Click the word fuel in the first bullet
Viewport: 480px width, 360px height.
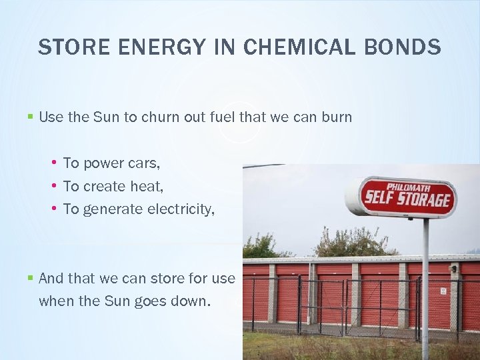click(223, 117)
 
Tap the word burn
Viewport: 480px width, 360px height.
click(337, 117)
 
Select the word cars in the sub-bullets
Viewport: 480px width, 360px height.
click(145, 163)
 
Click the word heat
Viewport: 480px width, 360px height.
click(149, 186)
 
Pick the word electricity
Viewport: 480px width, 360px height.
click(181, 209)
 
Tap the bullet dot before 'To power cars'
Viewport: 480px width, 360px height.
click(53, 163)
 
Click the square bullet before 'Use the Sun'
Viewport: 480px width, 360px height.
click(30, 117)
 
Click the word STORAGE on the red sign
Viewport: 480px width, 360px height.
click(424, 200)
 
